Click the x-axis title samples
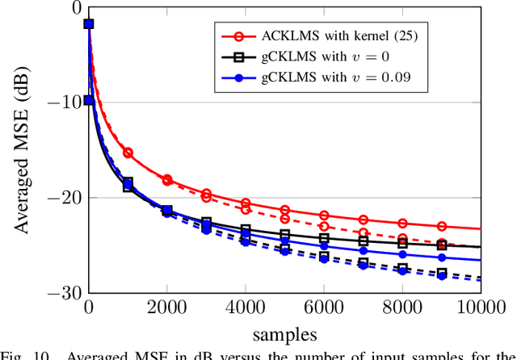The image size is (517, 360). [x=284, y=333]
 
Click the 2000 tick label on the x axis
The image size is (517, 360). [x=167, y=308]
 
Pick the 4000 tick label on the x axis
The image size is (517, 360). [x=246, y=308]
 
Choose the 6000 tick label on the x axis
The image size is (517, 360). [x=324, y=308]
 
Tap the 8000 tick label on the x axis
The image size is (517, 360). [x=402, y=308]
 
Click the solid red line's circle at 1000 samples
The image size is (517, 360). [x=128, y=153]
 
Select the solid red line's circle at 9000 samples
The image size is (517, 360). [x=442, y=227]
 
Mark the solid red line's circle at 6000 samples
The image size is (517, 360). [x=324, y=216]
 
